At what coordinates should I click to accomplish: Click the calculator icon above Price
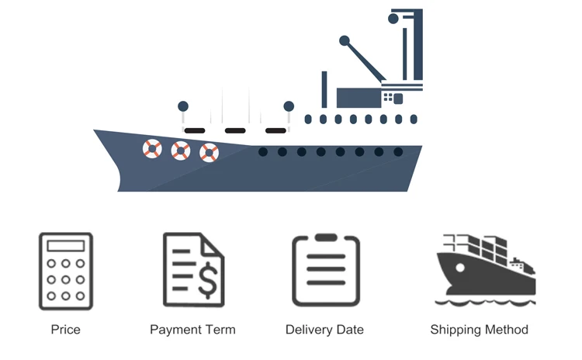65,272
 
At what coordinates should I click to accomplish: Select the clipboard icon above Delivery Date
326,270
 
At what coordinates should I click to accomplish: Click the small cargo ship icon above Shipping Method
485,268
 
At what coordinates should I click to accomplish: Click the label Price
65,330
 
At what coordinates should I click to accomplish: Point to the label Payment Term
192,330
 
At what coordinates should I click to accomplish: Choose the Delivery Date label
324,330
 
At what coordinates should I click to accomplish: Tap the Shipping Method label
479,330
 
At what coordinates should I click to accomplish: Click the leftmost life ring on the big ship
152,148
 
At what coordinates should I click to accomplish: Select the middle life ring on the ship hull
181,151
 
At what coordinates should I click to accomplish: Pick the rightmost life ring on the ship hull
209,152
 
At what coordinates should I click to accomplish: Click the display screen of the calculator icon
65,246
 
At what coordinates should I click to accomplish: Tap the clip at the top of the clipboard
326,237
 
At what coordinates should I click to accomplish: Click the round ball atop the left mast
183,106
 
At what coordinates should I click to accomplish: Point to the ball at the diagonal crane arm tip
345,40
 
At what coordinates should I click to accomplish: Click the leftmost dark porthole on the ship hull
263,152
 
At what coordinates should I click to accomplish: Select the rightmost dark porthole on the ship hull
398,152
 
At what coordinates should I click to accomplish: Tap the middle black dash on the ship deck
234,130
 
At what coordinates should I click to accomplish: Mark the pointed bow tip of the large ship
95,131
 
